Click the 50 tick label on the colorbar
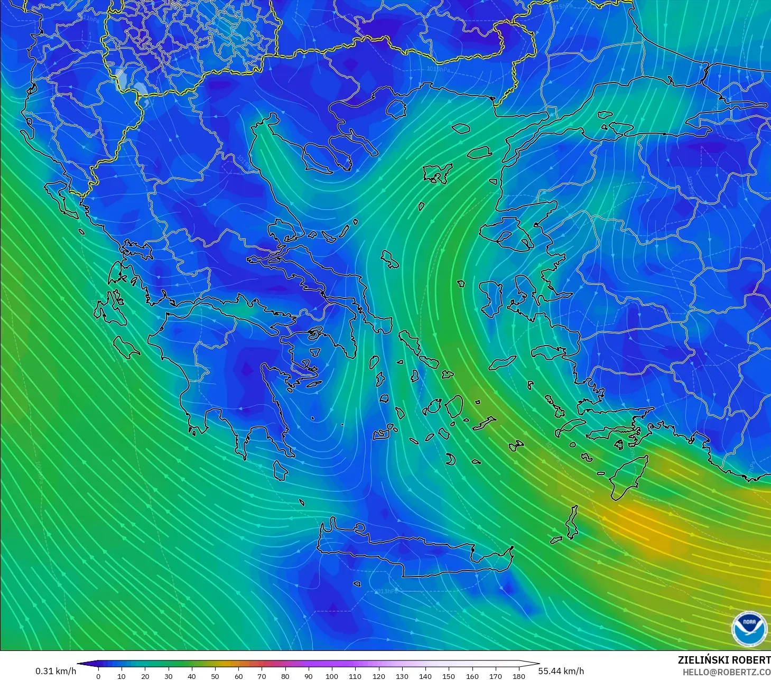point(215,676)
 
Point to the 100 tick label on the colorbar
point(331,676)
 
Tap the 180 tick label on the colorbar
point(518,676)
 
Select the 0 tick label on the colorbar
point(98,676)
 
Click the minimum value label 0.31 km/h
point(55,671)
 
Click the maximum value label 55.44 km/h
point(561,671)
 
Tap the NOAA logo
point(749,628)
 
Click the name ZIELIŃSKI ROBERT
point(724,660)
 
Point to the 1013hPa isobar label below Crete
point(385,591)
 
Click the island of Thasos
point(396,108)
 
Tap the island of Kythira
point(280,470)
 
